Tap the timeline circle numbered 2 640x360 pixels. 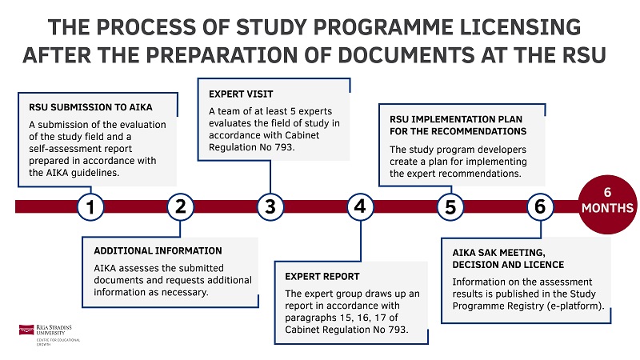tap(181, 206)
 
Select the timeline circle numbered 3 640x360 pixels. tap(270, 206)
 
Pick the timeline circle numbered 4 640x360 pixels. tap(361, 206)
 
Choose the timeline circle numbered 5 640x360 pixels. tap(450, 206)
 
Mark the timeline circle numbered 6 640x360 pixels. tap(541, 206)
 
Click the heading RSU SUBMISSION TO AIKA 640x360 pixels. tap(90, 106)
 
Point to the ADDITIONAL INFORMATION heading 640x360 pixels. tap(158, 250)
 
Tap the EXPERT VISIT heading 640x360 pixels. tap(236, 93)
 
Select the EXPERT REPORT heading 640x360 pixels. tap(322, 276)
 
